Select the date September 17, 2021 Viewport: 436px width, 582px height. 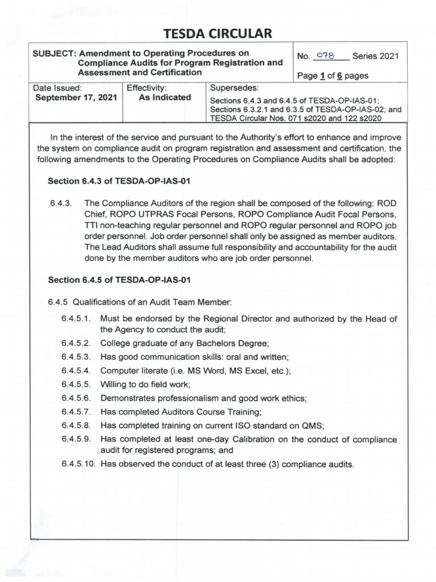(76, 98)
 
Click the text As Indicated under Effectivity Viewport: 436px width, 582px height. (165, 98)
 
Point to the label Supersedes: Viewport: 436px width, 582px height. (234, 88)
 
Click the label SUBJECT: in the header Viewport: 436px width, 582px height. (54, 52)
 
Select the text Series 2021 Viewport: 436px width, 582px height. (375, 56)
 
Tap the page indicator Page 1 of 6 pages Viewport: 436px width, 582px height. (333, 76)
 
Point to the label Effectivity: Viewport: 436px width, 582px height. (146, 88)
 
